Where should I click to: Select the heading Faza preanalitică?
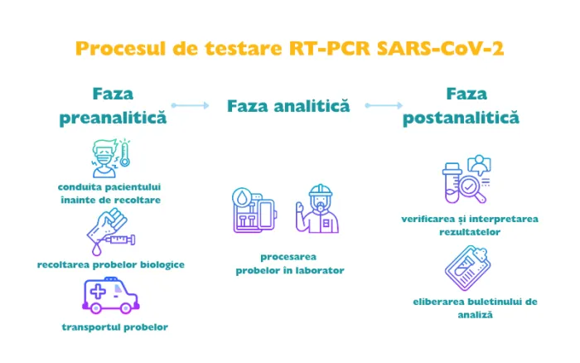[113, 105]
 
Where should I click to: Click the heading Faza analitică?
[288, 106]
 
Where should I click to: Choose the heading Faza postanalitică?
[461, 105]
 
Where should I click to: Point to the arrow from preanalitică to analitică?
[191, 105]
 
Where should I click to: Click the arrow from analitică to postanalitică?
[384, 105]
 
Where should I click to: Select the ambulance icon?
[111, 297]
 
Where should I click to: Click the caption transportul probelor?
[114, 327]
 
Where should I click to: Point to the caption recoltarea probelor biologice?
[110, 264]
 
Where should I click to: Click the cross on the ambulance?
[99, 293]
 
